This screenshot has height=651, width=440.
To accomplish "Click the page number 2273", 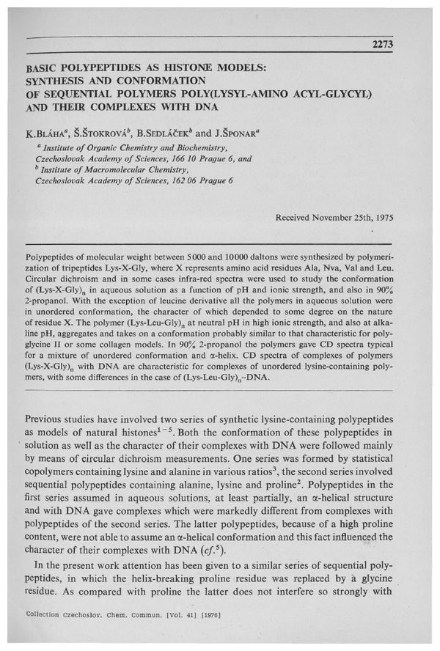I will [x=383, y=44].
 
